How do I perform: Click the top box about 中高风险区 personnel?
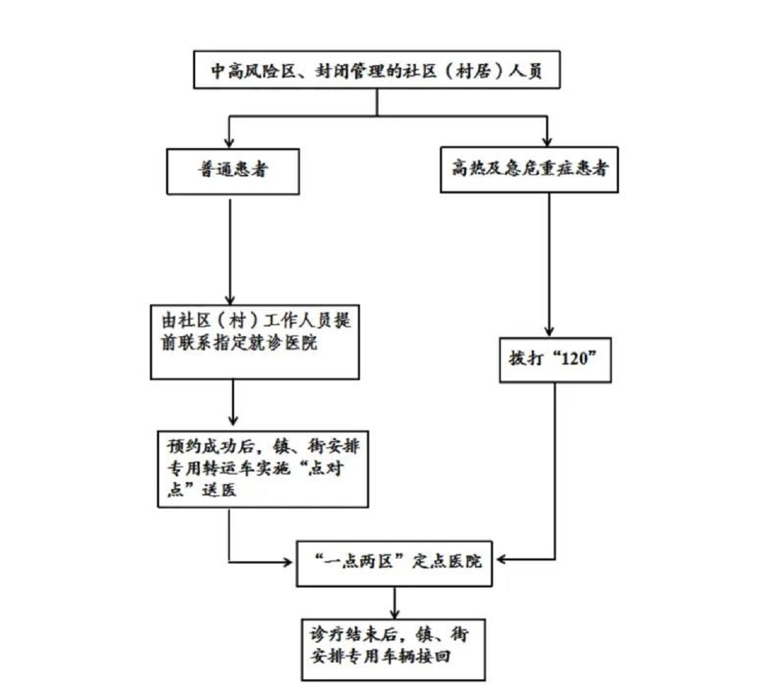click(376, 70)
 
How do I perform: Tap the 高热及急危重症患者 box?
click(529, 169)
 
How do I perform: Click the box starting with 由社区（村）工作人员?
click(255, 340)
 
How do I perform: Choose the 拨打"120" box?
click(555, 360)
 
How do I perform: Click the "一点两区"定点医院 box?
click(395, 561)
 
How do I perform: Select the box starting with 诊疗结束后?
click(393, 648)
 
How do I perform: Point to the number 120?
click(567, 360)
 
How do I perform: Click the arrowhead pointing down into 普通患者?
click(230, 140)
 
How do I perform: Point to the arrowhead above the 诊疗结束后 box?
click(395, 614)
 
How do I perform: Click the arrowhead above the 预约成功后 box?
click(233, 421)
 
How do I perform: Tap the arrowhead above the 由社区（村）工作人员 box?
click(229, 297)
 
